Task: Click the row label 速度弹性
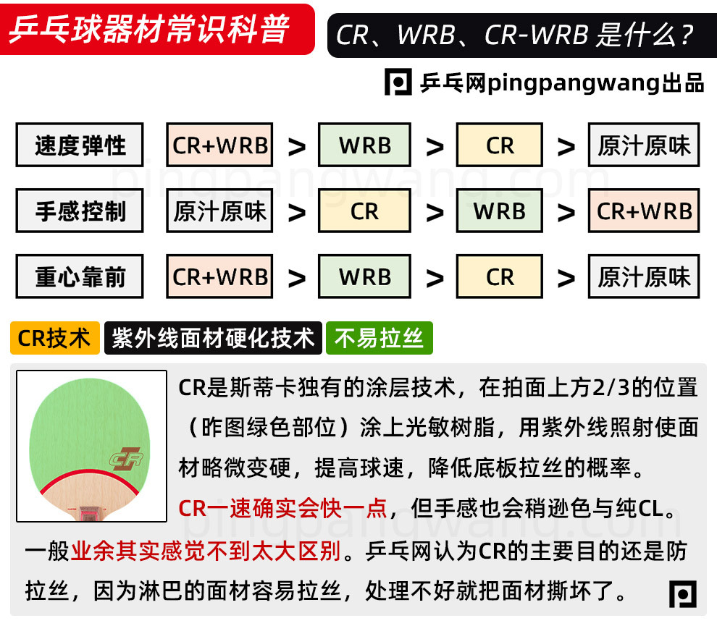pyautogui.click(x=80, y=145)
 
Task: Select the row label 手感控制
pyautogui.click(x=80, y=211)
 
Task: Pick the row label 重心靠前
pyautogui.click(x=80, y=277)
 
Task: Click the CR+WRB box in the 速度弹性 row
pyautogui.click(x=219, y=145)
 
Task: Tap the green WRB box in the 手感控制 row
pyautogui.click(x=500, y=211)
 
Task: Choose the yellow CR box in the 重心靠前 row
pyautogui.click(x=500, y=277)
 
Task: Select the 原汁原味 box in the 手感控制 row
pyautogui.click(x=219, y=211)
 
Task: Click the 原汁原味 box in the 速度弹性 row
pyautogui.click(x=644, y=145)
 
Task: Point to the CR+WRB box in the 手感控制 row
pyautogui.click(x=644, y=211)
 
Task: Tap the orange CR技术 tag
pyautogui.click(x=55, y=338)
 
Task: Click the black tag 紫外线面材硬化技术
pyautogui.click(x=213, y=338)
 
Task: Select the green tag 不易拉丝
pyautogui.click(x=379, y=338)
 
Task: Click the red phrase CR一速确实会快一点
pyautogui.click(x=282, y=508)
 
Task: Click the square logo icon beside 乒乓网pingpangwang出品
pyautogui.click(x=398, y=83)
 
